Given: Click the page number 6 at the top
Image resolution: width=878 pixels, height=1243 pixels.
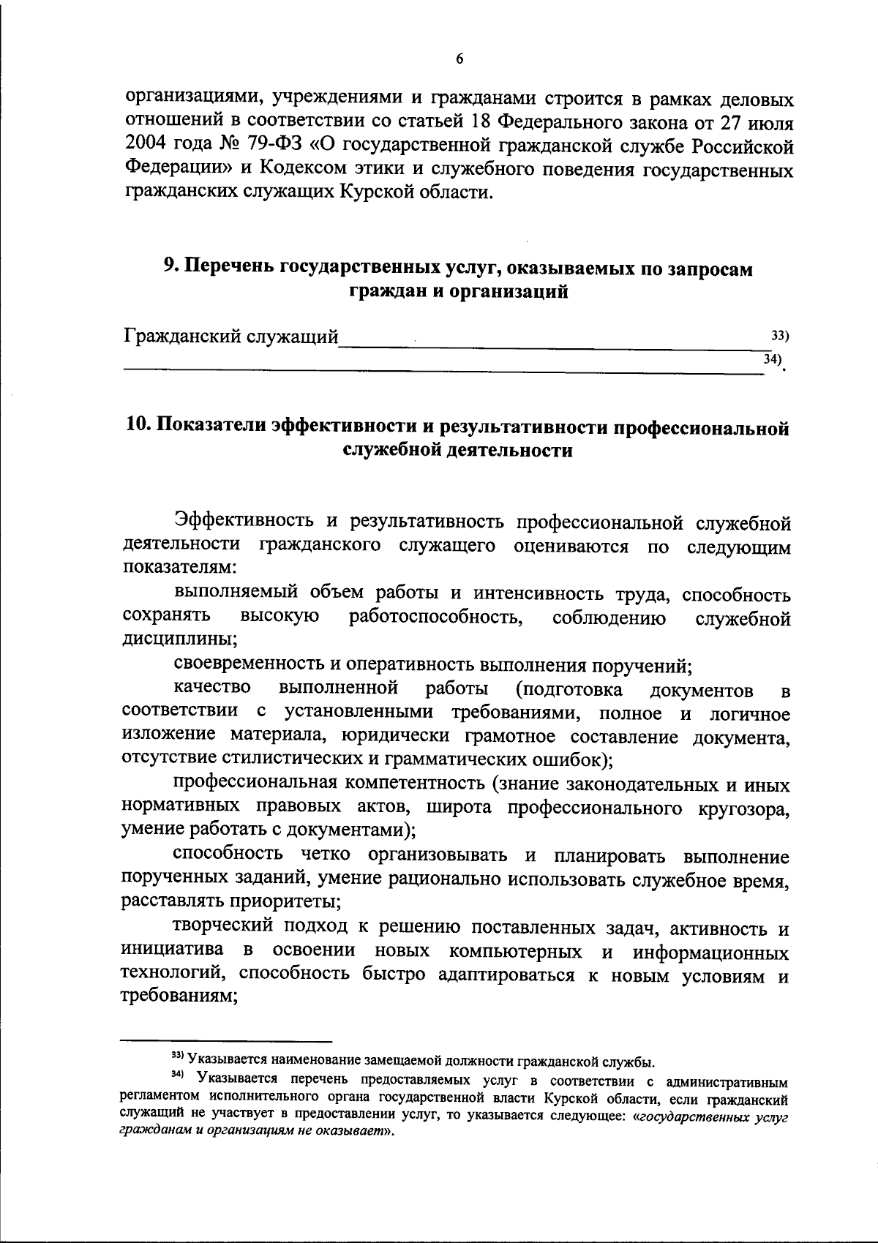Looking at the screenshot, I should (459, 61).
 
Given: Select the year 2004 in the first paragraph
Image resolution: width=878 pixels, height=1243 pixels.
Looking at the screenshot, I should (145, 145).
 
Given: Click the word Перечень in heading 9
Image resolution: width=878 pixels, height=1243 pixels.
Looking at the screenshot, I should (229, 268).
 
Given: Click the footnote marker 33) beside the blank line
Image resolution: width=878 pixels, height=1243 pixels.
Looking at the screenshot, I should (780, 336).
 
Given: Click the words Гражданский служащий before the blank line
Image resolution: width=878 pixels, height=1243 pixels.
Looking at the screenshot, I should (230, 337).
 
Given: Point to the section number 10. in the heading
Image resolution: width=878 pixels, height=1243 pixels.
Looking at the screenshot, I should (137, 427).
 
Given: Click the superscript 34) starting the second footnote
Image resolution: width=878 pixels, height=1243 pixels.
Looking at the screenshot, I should (177, 1075).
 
